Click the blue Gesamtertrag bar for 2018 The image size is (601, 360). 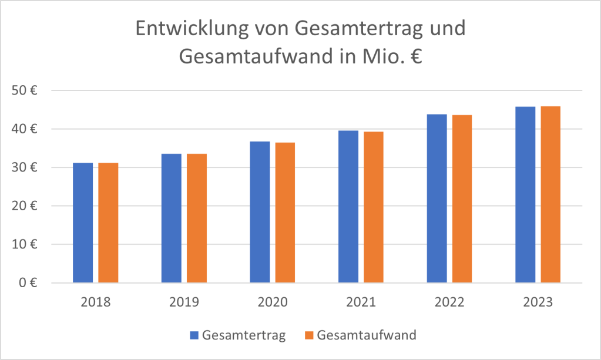tap(83, 223)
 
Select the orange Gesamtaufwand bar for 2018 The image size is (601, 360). tap(108, 223)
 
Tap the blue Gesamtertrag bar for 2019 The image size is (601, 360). tap(171, 218)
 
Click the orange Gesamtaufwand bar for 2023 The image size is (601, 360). tap(550, 194)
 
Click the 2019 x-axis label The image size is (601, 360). tap(184, 302)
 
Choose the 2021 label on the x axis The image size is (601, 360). tap(361, 302)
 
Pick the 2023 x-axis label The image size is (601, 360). tap(538, 302)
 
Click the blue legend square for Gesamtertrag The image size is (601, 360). tap(194, 335)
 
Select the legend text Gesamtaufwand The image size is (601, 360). tap(367, 335)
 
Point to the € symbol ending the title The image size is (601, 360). tap(417, 58)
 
